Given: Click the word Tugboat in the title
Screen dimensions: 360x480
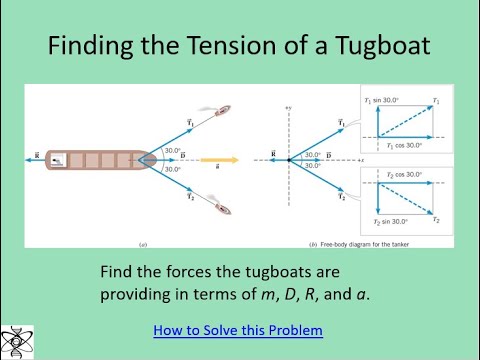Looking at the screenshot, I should pyautogui.click(x=372, y=46).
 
